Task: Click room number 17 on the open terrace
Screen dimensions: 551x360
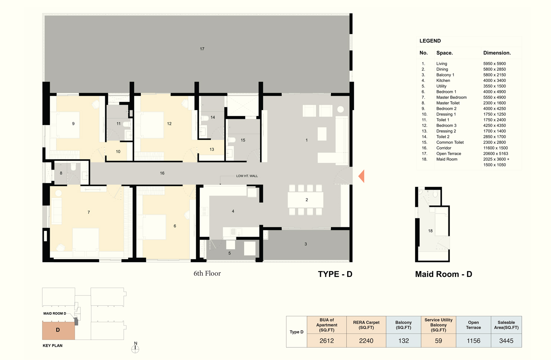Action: click(x=202, y=49)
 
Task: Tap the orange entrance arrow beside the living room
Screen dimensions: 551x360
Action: click(x=361, y=176)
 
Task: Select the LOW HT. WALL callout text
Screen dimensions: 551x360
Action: click(x=247, y=176)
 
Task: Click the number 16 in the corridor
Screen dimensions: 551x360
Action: click(x=162, y=173)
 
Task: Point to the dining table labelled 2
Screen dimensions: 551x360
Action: click(x=305, y=200)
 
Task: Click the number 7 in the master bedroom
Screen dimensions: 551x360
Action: click(x=89, y=212)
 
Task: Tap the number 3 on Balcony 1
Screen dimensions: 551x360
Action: click(x=306, y=244)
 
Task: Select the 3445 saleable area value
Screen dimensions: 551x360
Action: click(x=506, y=341)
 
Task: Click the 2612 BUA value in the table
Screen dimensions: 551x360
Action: click(x=327, y=341)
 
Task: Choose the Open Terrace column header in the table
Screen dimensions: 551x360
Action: click(x=474, y=325)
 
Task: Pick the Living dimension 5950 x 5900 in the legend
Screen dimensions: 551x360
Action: click(x=494, y=63)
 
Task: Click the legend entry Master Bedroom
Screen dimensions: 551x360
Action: click(x=451, y=98)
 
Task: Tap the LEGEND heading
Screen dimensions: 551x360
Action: click(x=430, y=41)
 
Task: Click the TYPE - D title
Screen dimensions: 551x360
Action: click(x=335, y=274)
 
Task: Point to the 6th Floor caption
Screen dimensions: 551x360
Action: click(x=207, y=273)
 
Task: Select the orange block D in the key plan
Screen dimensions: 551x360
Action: click(x=58, y=330)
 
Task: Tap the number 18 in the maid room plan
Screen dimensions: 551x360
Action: click(x=430, y=231)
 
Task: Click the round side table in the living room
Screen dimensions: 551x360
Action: click(x=341, y=109)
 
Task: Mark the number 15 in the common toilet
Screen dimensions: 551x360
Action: click(x=243, y=140)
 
